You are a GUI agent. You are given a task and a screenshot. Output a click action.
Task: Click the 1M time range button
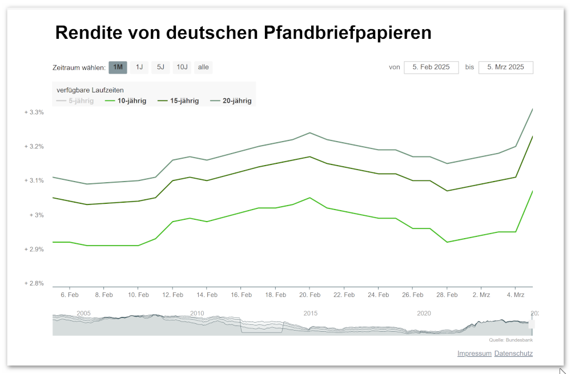click(x=118, y=67)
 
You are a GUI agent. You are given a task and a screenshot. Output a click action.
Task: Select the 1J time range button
click(x=139, y=67)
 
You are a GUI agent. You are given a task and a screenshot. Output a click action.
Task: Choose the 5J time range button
click(x=160, y=67)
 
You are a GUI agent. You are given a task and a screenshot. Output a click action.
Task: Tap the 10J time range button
click(x=182, y=67)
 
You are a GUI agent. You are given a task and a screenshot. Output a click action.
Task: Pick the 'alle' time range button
click(x=203, y=67)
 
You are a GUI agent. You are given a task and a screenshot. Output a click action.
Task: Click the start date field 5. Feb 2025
click(x=431, y=67)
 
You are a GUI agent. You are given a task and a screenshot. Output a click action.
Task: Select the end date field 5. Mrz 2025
click(x=505, y=67)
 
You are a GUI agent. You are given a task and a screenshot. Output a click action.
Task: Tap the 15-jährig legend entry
click(x=184, y=101)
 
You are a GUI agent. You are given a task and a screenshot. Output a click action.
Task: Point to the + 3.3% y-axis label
click(x=34, y=112)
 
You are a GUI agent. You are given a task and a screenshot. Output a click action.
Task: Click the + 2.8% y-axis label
click(x=34, y=283)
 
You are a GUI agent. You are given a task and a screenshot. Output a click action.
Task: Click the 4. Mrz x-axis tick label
click(x=515, y=295)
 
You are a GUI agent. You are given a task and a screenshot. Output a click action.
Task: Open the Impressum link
click(x=474, y=353)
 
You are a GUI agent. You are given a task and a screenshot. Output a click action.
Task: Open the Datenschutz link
click(x=513, y=353)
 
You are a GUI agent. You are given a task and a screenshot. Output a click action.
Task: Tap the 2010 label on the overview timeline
click(x=197, y=313)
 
